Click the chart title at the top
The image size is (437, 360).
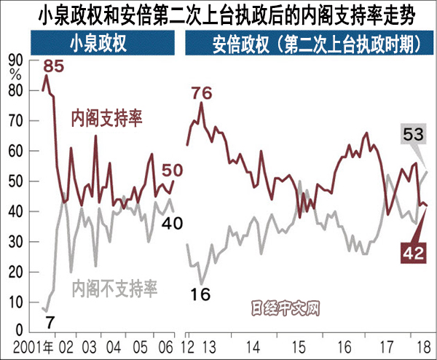click(219, 13)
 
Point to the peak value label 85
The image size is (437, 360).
click(54, 66)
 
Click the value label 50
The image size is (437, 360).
click(171, 170)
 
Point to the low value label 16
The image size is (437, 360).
click(202, 294)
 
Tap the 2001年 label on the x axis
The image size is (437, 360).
click(31, 345)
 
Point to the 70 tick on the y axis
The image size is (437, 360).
click(15, 121)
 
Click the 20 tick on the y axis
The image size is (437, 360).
click(15, 272)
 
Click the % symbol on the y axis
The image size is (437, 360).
click(15, 74)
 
